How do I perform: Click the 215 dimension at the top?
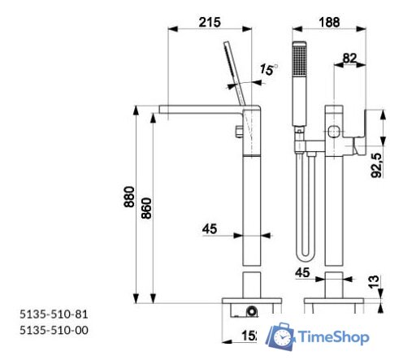210,23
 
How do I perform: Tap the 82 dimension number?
349,58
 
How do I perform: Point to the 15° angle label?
267,71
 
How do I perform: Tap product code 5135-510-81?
54,313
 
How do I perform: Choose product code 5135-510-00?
54,329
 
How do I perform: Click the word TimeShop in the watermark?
334,336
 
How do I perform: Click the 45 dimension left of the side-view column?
210,230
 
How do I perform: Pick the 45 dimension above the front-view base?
303,272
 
